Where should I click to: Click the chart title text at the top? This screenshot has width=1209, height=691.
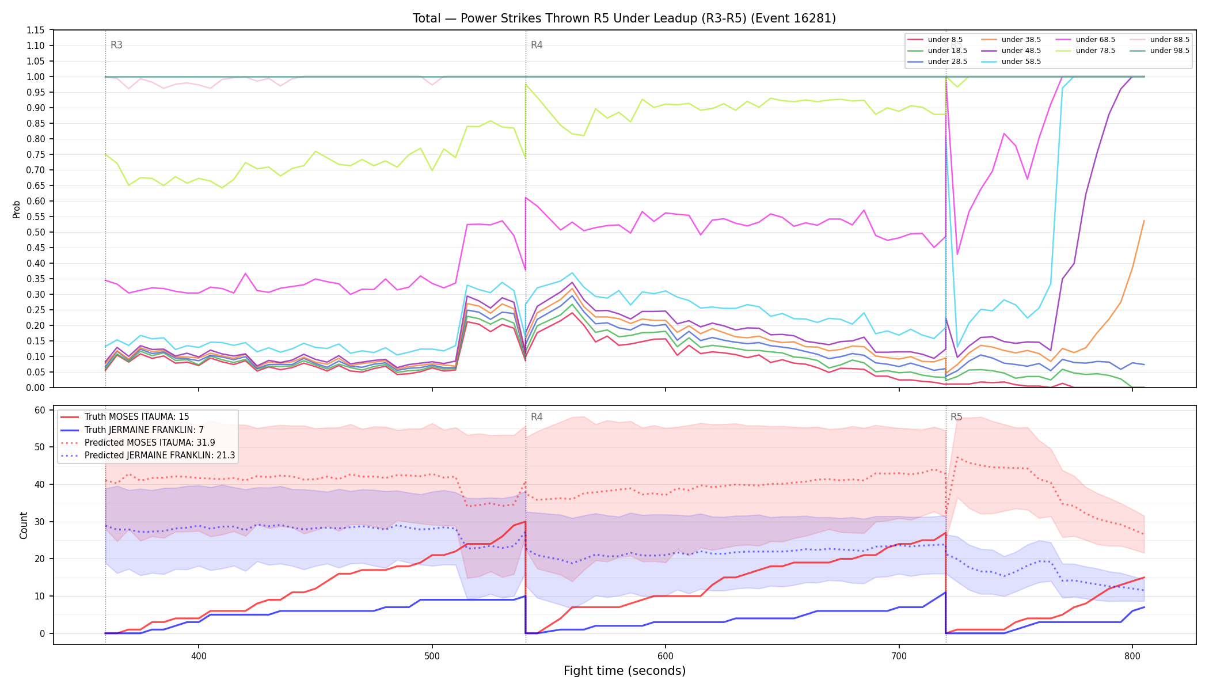click(x=624, y=18)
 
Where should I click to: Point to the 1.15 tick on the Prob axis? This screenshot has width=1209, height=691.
click(x=36, y=30)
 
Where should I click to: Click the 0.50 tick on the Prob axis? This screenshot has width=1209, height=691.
click(x=36, y=232)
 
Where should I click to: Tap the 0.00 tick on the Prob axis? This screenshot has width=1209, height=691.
click(x=36, y=388)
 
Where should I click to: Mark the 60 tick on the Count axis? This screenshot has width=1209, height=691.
click(x=40, y=410)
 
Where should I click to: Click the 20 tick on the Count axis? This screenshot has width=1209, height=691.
click(x=40, y=559)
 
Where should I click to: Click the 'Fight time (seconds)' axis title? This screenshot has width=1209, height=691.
click(x=625, y=671)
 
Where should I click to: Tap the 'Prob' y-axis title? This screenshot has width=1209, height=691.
click(x=17, y=209)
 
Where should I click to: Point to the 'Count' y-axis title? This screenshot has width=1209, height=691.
click(x=24, y=525)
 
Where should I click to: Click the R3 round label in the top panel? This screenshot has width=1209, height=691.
click(x=116, y=45)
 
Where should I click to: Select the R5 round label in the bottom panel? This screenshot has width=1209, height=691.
click(x=956, y=417)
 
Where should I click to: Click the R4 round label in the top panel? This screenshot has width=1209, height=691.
click(x=537, y=45)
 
